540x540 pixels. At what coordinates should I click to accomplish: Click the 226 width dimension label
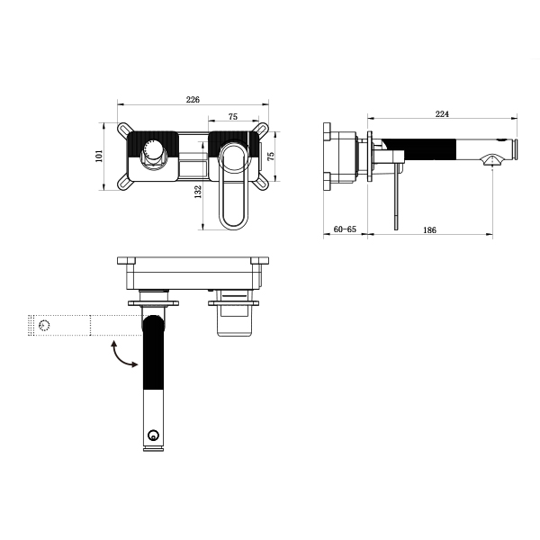(193, 100)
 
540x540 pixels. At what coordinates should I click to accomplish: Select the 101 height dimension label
(99, 156)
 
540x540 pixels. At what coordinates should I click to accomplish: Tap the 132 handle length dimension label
(198, 192)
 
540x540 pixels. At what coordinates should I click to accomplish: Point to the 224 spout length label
(442, 114)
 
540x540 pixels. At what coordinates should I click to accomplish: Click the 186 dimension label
(429, 229)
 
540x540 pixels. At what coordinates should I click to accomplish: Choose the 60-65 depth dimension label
(345, 229)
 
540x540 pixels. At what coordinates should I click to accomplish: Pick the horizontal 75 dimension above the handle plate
(233, 117)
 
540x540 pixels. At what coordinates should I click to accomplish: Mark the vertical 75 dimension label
(271, 156)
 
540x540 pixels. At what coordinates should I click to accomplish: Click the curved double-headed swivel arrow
(122, 355)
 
